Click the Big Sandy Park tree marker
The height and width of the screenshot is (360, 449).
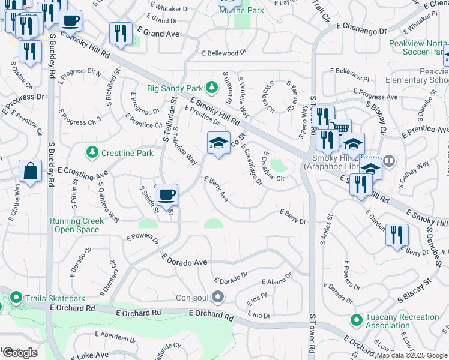211,88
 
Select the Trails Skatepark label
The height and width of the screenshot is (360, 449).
51,296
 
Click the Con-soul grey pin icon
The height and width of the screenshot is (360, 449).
218,296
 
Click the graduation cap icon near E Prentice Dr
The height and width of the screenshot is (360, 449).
218,143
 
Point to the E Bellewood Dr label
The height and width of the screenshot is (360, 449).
225,53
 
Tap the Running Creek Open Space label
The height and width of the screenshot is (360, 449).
77,225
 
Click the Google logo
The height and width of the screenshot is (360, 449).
19,352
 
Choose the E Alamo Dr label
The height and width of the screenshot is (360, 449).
277,281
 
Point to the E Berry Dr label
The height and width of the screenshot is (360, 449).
293,217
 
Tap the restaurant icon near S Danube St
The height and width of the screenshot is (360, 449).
397,235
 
